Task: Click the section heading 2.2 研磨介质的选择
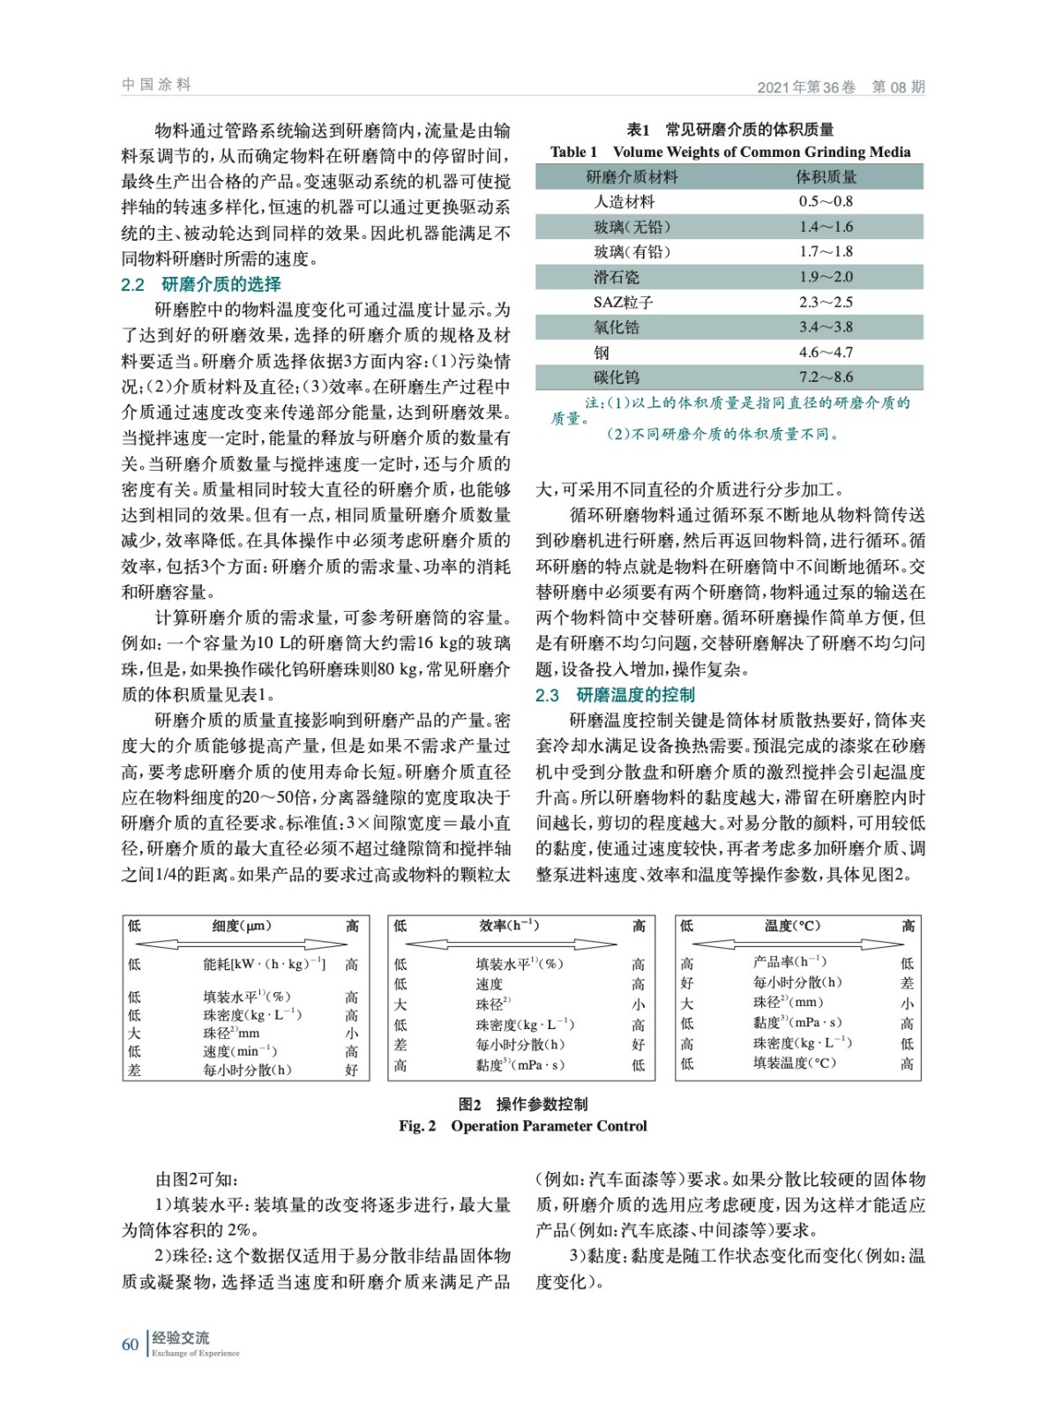point(201,284)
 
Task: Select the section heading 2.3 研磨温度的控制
point(615,695)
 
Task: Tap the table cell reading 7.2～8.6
point(826,377)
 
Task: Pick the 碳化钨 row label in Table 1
point(616,377)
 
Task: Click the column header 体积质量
point(826,177)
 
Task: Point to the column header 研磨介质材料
point(632,177)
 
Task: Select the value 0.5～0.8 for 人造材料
point(826,201)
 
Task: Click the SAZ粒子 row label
point(623,302)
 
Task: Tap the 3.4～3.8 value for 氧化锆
point(826,327)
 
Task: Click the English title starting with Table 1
point(729,152)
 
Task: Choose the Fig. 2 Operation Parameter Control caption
point(522,1126)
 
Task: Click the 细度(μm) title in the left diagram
point(242,926)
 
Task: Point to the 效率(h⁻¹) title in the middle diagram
point(509,926)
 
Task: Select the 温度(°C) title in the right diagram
point(792,926)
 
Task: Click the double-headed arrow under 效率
point(512,944)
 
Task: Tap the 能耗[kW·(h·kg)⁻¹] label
point(264,965)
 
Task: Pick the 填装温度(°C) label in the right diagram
point(794,1064)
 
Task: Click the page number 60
point(131,1345)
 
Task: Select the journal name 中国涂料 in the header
point(156,85)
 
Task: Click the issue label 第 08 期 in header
point(898,86)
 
